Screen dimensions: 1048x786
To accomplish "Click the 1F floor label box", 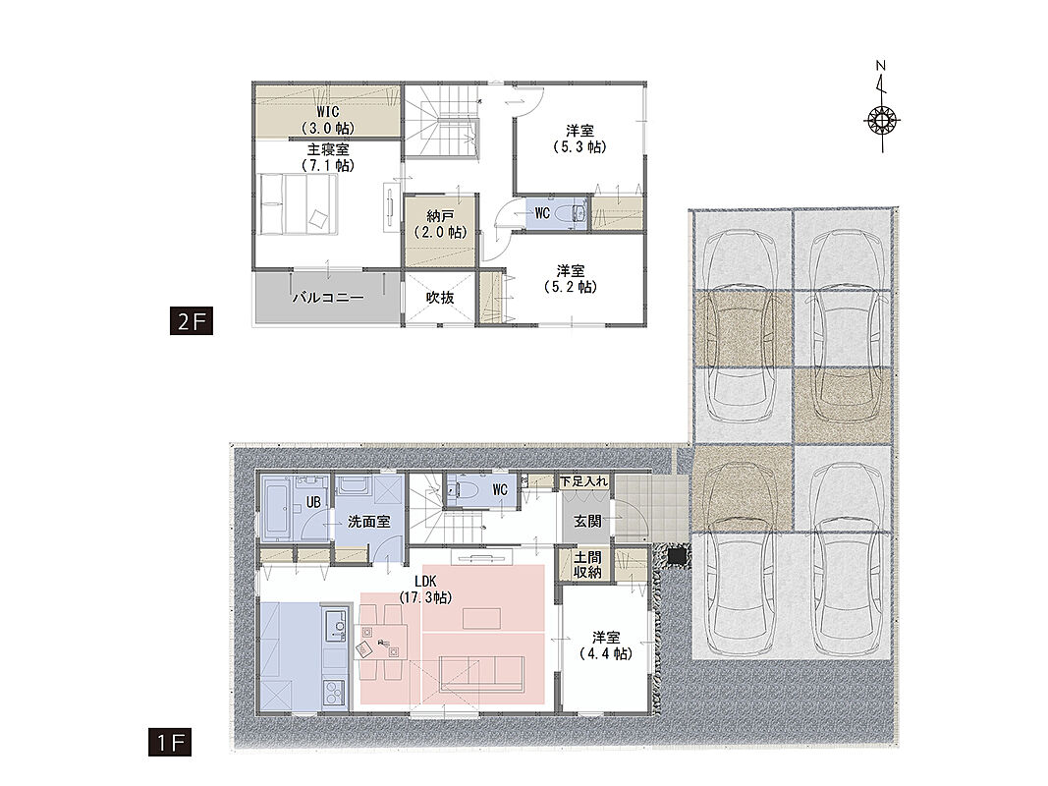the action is pos(170,742).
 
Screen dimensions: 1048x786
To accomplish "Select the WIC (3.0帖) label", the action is pos(327,119).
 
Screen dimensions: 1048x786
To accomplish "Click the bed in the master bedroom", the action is pos(298,203).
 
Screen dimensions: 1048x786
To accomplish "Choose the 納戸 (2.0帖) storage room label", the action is pos(440,224).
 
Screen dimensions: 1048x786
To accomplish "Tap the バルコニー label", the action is pos(327,298).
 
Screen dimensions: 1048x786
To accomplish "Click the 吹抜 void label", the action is pos(440,298).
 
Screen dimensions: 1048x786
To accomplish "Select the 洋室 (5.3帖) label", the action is pos(579,139).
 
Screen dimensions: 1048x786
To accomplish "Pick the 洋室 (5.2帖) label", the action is pos(570,278).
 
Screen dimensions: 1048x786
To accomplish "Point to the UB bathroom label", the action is pos(312,502).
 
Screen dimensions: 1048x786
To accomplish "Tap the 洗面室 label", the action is pos(369,522).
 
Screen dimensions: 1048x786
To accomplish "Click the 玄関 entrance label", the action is pos(587,522).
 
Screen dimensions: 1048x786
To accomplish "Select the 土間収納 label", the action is pos(587,565).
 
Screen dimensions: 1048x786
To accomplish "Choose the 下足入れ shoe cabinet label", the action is pos(584,481).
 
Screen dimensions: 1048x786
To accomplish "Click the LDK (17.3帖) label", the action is pos(425,589).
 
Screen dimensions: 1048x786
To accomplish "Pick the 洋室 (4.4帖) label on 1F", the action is pos(606,646).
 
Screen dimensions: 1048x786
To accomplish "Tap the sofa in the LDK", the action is pos(481,674).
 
